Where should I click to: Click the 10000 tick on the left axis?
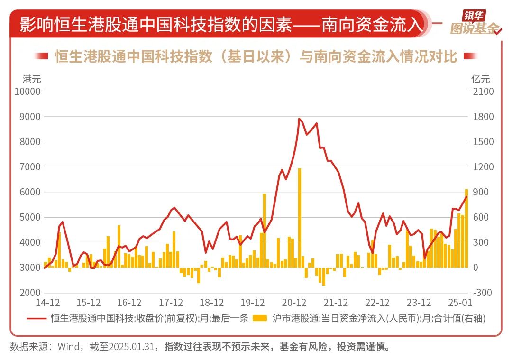pos(28,91)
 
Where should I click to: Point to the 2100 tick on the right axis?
pos(483,91)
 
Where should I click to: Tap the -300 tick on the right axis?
pos(483,293)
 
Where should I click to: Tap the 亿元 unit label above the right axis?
pos(480,79)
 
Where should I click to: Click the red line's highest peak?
pos(299,119)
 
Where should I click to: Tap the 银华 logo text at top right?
pos(471,16)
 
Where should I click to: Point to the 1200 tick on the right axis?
pos(483,166)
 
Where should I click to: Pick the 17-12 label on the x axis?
pos(172,302)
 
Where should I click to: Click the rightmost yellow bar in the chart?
pos(466,228)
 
